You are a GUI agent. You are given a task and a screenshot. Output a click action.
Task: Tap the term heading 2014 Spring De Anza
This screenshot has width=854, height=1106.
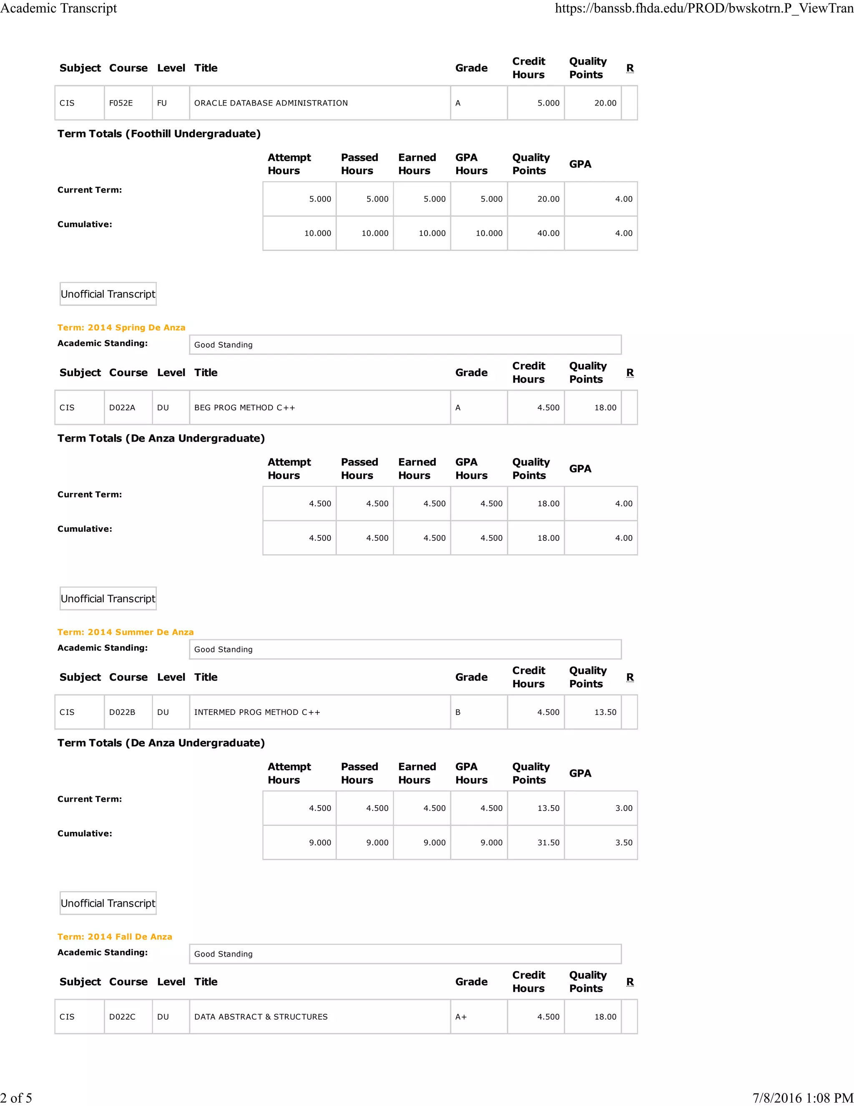tap(121, 328)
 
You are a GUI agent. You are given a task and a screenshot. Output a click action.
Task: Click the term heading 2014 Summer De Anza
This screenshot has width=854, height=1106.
tap(126, 632)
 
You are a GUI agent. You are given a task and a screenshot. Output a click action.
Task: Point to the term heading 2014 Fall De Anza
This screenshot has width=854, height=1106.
tap(115, 937)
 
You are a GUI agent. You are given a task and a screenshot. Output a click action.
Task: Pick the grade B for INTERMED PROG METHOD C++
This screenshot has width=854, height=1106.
tap(458, 712)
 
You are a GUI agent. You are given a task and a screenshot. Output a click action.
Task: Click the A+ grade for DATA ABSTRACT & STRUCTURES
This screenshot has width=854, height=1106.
tap(461, 1017)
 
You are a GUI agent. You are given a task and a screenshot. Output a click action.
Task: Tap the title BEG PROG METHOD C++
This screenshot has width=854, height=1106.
tap(244, 408)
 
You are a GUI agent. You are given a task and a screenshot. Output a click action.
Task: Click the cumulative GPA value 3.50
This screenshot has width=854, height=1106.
tap(623, 843)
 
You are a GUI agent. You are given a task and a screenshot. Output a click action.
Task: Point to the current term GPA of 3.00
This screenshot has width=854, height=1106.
tap(623, 808)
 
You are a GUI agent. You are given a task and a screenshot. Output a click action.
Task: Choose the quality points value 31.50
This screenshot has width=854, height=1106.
tap(548, 843)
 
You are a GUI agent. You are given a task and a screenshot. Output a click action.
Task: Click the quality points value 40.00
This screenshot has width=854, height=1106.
tap(548, 233)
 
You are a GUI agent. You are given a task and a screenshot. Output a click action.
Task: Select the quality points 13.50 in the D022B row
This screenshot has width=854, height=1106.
tap(605, 712)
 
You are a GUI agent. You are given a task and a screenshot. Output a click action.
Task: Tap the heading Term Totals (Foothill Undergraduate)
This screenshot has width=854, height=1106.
tap(159, 134)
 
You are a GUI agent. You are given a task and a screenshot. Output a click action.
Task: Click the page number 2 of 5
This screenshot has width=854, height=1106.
tap(16, 1098)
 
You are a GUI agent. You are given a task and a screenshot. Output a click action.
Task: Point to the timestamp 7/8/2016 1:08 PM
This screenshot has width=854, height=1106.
tap(802, 1098)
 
